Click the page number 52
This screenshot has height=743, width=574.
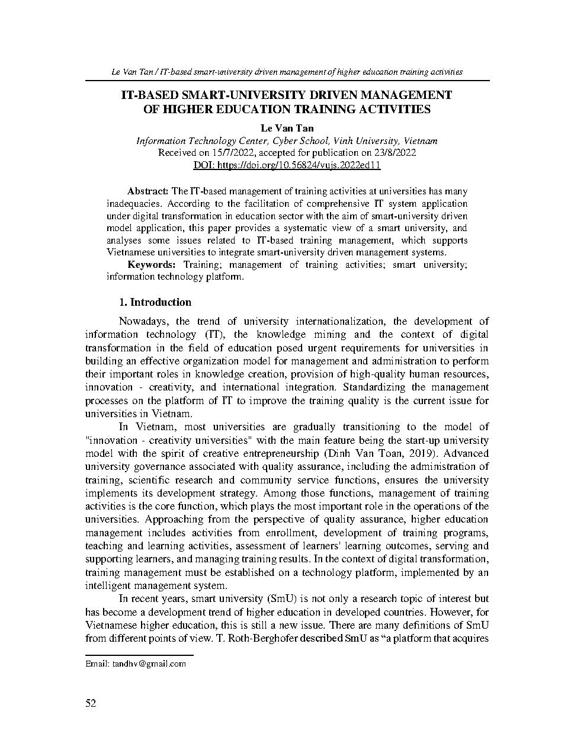91,703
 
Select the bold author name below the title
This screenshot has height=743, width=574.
287,128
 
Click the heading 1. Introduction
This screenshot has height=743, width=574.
155,302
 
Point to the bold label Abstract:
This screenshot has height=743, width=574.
148,191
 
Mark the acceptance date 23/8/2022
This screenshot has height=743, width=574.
393,152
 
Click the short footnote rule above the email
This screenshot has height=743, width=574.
139,655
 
